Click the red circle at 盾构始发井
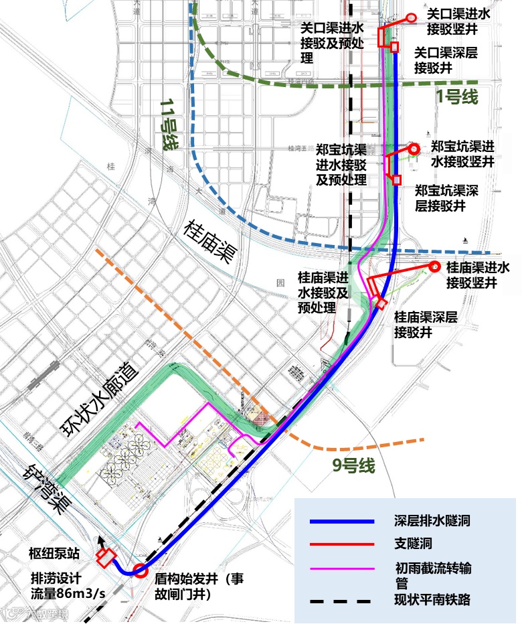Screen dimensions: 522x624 tap(141, 571)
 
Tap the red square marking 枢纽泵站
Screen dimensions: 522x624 tap(104, 555)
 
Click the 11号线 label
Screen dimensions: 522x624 tap(169, 125)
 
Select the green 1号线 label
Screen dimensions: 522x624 tap(457, 96)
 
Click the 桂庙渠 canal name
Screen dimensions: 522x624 tap(212, 242)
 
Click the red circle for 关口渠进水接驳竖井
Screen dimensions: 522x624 tap(412, 18)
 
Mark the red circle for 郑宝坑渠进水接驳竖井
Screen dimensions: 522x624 tap(414, 148)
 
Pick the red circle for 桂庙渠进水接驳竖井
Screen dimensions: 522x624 tap(433, 266)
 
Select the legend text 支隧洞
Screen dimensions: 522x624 tap(414, 544)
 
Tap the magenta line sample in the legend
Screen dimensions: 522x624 tap(341, 568)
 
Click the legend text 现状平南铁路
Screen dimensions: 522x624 tap(432, 600)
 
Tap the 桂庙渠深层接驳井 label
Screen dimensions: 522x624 tap(425, 324)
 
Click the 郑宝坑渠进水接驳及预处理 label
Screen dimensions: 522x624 tap(341, 164)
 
